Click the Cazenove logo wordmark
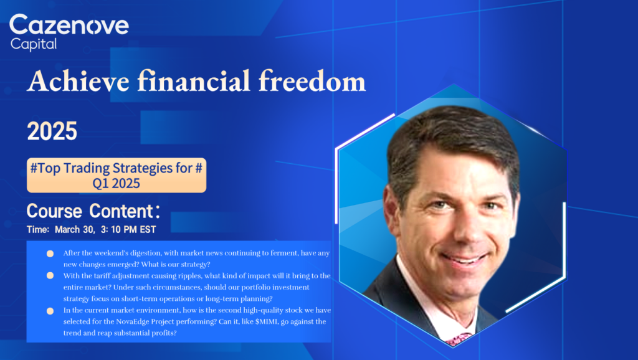pyautogui.click(x=69, y=25)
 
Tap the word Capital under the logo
pyautogui.click(x=34, y=44)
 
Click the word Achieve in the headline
pyautogui.click(x=78, y=80)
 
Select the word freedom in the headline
pyautogui.click(x=312, y=80)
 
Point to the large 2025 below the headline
pyautogui.click(x=52, y=131)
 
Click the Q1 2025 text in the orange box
pyautogui.click(x=117, y=184)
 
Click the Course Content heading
pyautogui.click(x=93, y=211)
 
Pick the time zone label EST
pyautogui.click(x=148, y=229)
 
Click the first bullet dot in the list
pyautogui.click(x=50, y=253)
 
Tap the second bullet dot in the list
pyautogui.click(x=50, y=275)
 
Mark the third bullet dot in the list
pyautogui.click(x=50, y=311)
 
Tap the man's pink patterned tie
pyautogui.click(x=459, y=339)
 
